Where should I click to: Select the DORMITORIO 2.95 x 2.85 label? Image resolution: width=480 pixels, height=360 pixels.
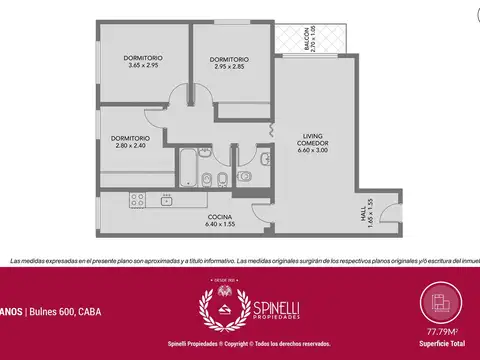click(229, 63)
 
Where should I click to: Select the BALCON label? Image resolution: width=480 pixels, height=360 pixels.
click(309, 40)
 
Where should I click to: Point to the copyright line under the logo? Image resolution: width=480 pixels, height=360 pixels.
click(240, 343)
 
